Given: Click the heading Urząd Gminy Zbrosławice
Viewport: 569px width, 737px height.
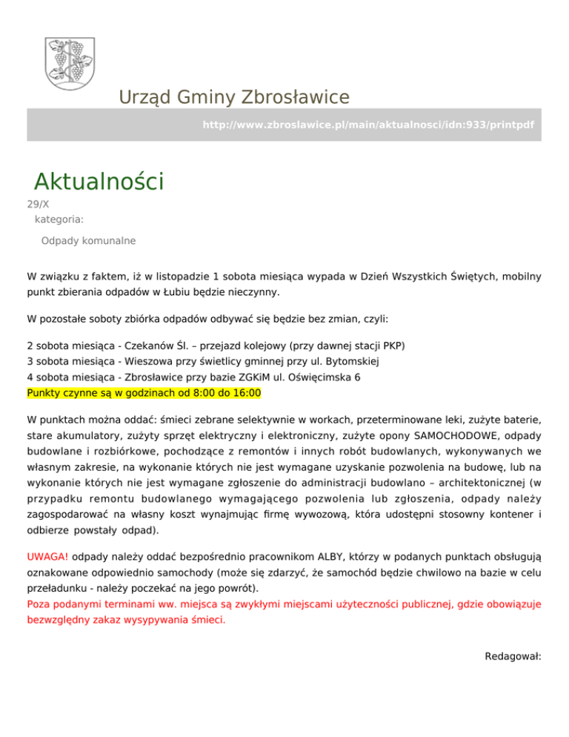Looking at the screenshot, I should [x=233, y=97].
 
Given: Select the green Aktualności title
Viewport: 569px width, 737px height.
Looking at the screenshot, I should [x=99, y=180].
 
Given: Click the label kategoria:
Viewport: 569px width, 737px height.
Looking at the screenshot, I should [x=59, y=219].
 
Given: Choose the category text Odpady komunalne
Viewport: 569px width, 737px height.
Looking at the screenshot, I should [x=88, y=241].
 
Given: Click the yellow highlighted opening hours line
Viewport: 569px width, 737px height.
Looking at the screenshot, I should [x=144, y=392].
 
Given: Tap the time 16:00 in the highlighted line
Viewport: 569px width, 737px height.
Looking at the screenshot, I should [x=247, y=392].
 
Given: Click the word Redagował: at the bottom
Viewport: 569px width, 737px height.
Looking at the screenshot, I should [x=513, y=656].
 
